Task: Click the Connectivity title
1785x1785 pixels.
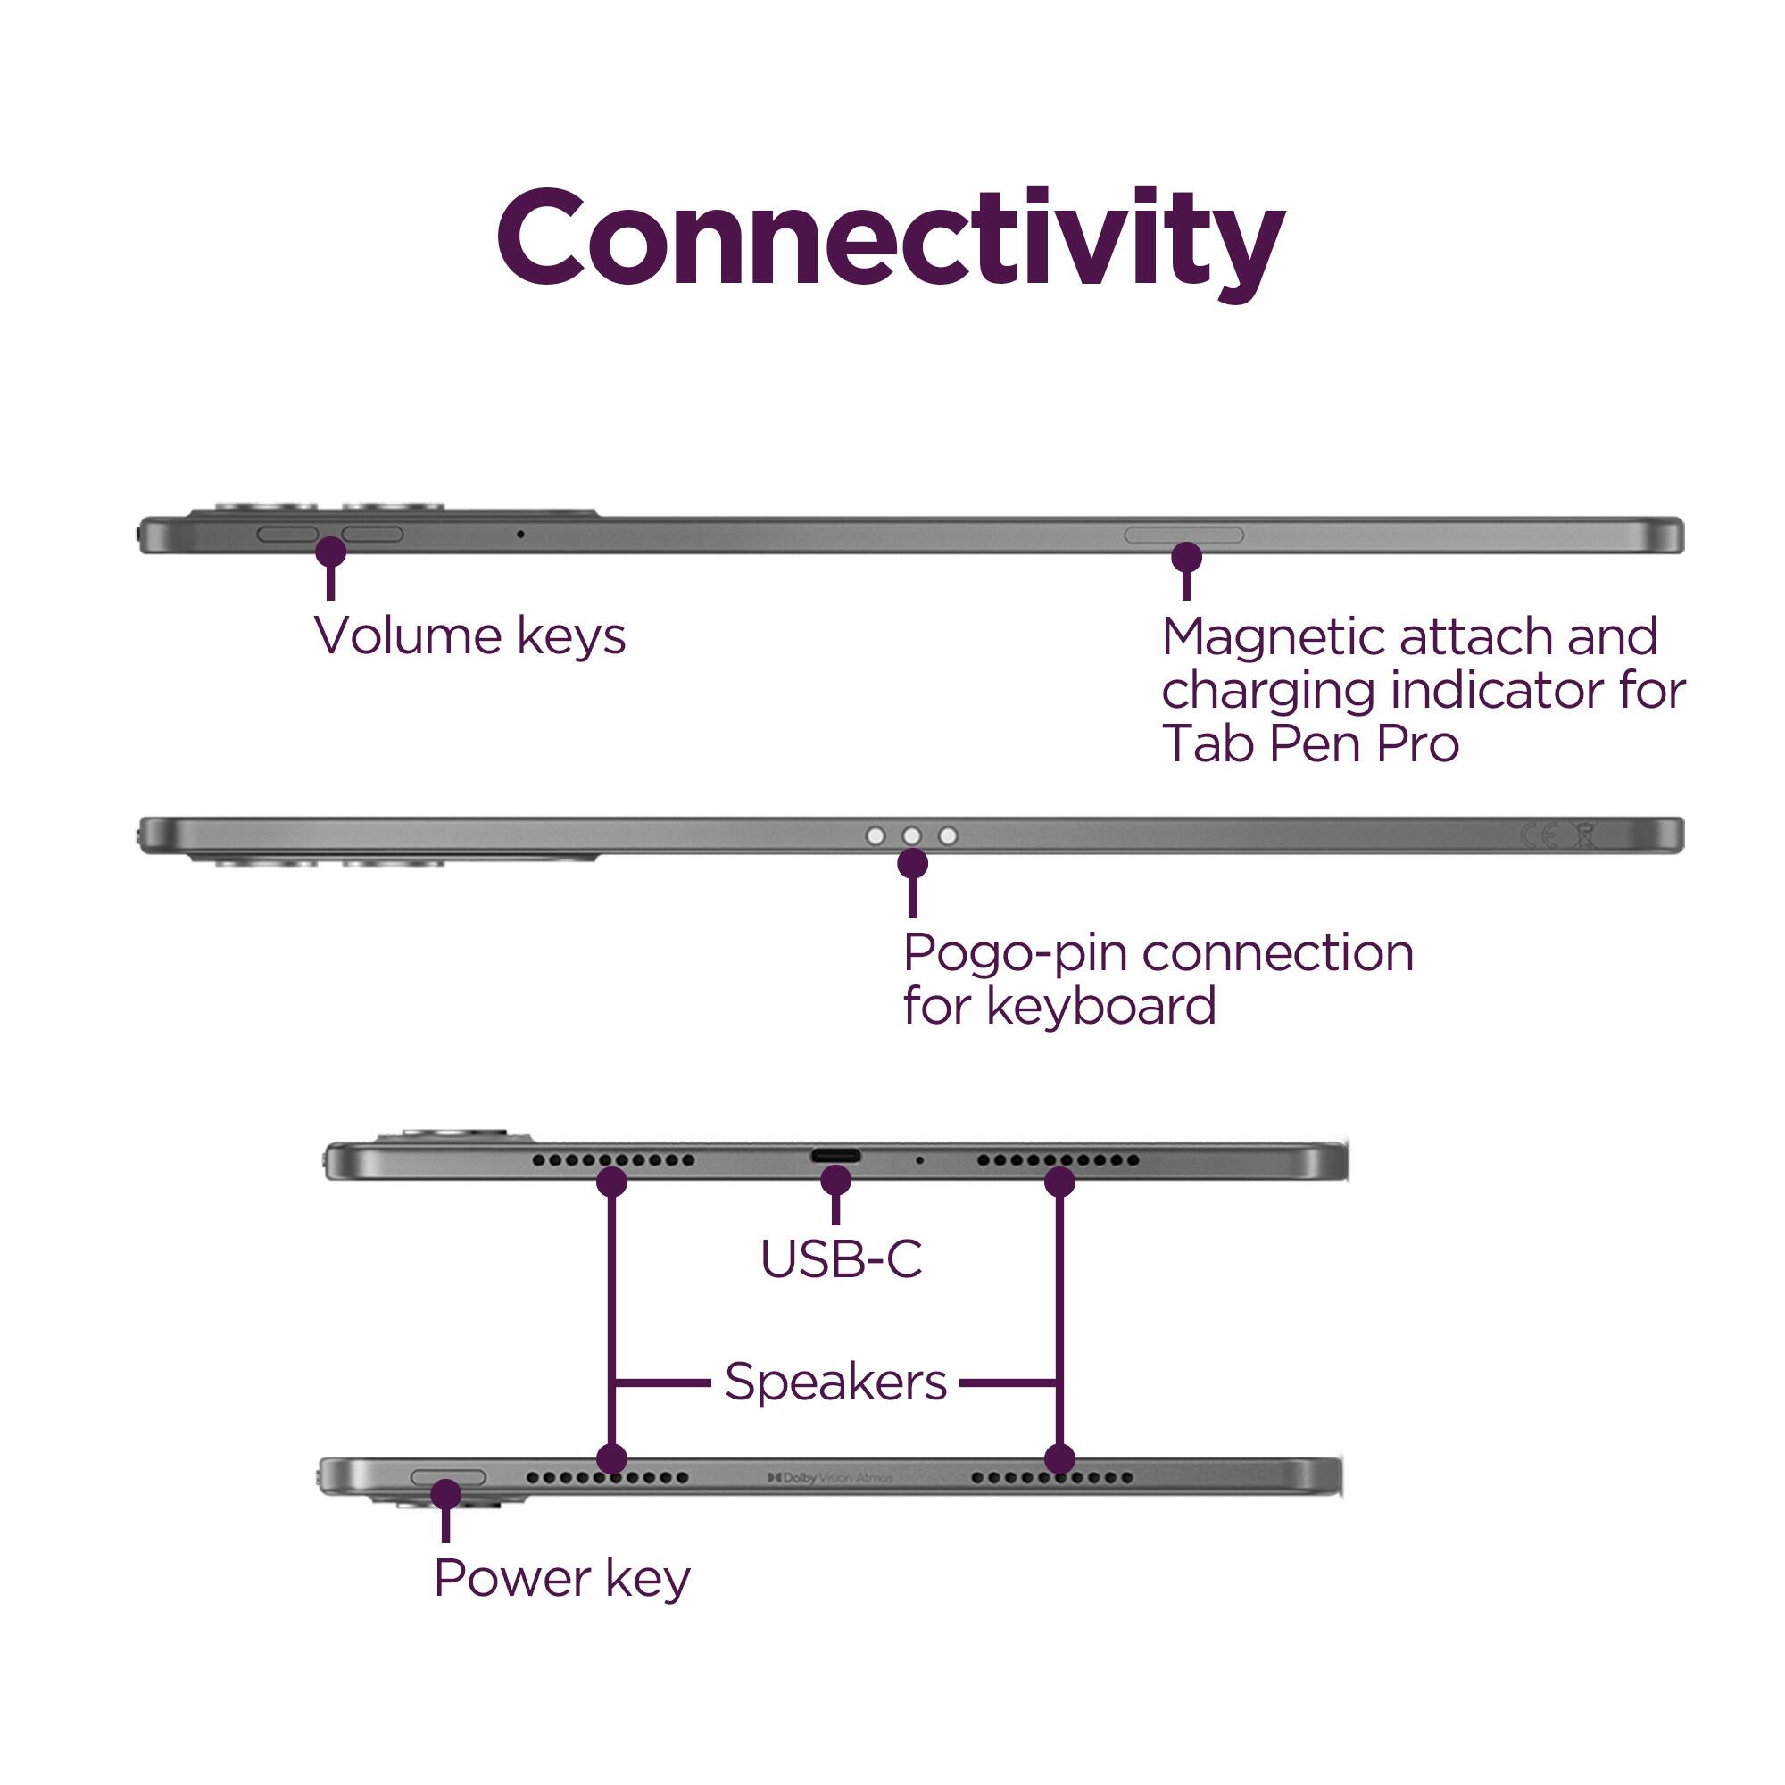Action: [x=891, y=239]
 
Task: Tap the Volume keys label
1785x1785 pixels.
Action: [x=469, y=635]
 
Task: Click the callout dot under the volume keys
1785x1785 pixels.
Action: [x=331, y=552]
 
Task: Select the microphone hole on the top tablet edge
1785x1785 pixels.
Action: [x=520, y=534]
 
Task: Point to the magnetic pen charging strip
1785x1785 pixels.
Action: [x=1183, y=535]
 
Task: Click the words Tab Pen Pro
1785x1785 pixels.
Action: [x=1310, y=743]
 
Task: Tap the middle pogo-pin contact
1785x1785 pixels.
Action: [x=912, y=836]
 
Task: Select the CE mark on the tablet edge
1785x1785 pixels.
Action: [x=1539, y=836]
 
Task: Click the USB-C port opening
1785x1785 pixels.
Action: [x=835, y=1156]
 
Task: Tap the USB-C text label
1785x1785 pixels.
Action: [x=841, y=1258]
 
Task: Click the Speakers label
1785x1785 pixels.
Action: [x=835, y=1382]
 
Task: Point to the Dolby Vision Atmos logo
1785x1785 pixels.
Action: [x=830, y=1478]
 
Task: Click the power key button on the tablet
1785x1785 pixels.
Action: [x=448, y=1477]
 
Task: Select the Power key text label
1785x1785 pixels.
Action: [x=561, y=1578]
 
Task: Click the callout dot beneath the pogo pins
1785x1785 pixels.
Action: [x=913, y=864]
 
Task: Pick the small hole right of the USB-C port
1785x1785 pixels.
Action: [x=919, y=1159]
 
